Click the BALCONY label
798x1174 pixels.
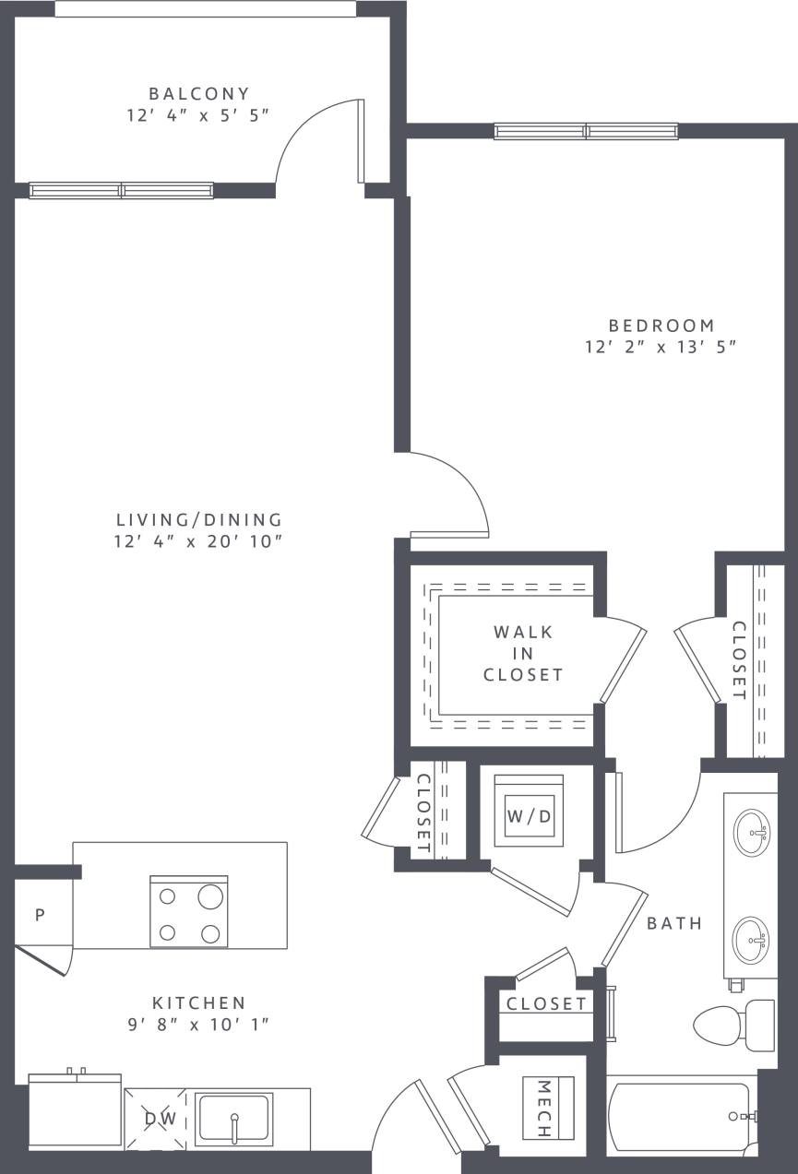pyautogui.click(x=199, y=93)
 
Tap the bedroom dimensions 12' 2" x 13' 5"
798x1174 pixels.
pyautogui.click(x=662, y=348)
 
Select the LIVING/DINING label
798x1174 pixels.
pyautogui.click(x=198, y=520)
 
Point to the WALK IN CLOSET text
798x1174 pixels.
pyautogui.click(x=523, y=653)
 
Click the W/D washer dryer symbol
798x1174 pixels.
pyautogui.click(x=530, y=815)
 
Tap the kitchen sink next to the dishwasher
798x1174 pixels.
pyautogui.click(x=234, y=1119)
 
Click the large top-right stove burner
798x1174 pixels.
pyautogui.click(x=210, y=897)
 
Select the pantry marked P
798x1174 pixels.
pyautogui.click(x=40, y=915)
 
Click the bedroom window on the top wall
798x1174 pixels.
pyautogui.click(x=586, y=131)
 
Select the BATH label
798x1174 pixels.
pyautogui.click(x=674, y=923)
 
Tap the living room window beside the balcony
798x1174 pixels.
pyautogui.click(x=121, y=190)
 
